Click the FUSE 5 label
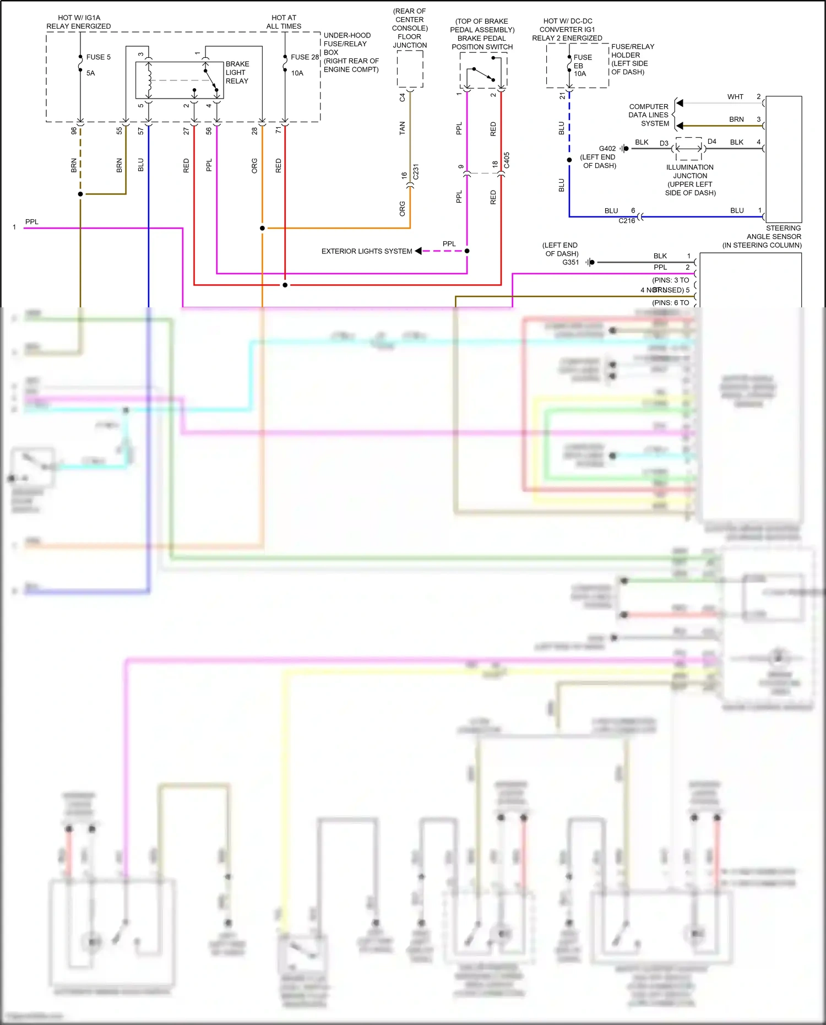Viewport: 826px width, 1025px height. click(x=98, y=57)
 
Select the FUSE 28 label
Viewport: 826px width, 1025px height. click(x=305, y=57)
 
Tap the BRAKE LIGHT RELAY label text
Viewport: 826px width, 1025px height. click(x=237, y=73)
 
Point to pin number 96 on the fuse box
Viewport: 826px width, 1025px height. click(x=74, y=131)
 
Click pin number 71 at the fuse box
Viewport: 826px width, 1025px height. click(x=278, y=131)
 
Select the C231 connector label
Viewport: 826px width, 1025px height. click(x=416, y=171)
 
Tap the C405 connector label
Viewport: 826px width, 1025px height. click(x=507, y=160)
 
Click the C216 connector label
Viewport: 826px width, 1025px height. click(x=627, y=221)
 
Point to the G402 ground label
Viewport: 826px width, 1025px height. click(x=607, y=149)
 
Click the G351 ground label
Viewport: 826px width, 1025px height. click(x=570, y=262)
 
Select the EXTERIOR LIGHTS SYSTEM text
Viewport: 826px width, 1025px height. click(x=367, y=251)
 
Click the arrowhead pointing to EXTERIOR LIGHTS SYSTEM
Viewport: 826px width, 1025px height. click(x=419, y=251)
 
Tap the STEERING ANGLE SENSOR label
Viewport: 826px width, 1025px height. click(x=774, y=237)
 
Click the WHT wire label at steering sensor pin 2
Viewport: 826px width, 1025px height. click(x=735, y=97)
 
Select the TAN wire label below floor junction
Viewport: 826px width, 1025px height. click(x=402, y=128)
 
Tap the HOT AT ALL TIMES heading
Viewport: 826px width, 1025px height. click(x=284, y=22)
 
